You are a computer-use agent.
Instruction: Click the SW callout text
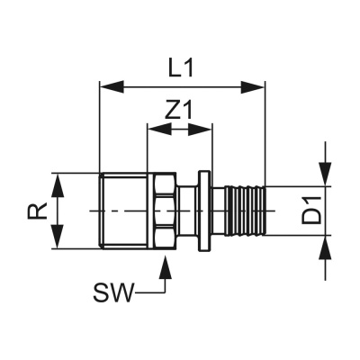(x=113, y=292)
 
